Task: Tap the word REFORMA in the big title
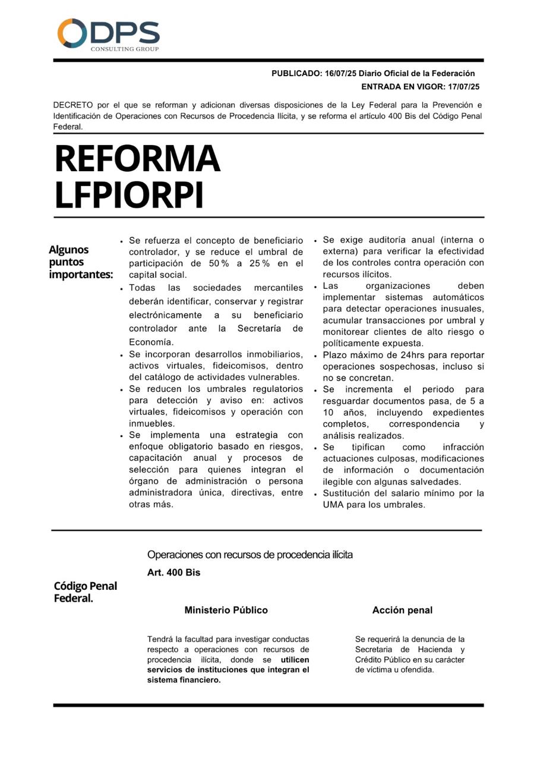coord(137,159)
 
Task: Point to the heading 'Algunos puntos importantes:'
coord(81,262)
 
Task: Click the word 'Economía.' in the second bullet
coord(151,342)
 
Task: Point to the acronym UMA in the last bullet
coord(333,505)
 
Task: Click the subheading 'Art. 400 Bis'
coord(174,573)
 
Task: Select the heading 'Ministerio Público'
coord(226,610)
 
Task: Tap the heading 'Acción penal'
coord(402,610)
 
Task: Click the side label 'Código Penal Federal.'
coord(86,592)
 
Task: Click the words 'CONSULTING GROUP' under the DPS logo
coord(125,49)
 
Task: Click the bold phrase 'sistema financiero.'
coord(184,680)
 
